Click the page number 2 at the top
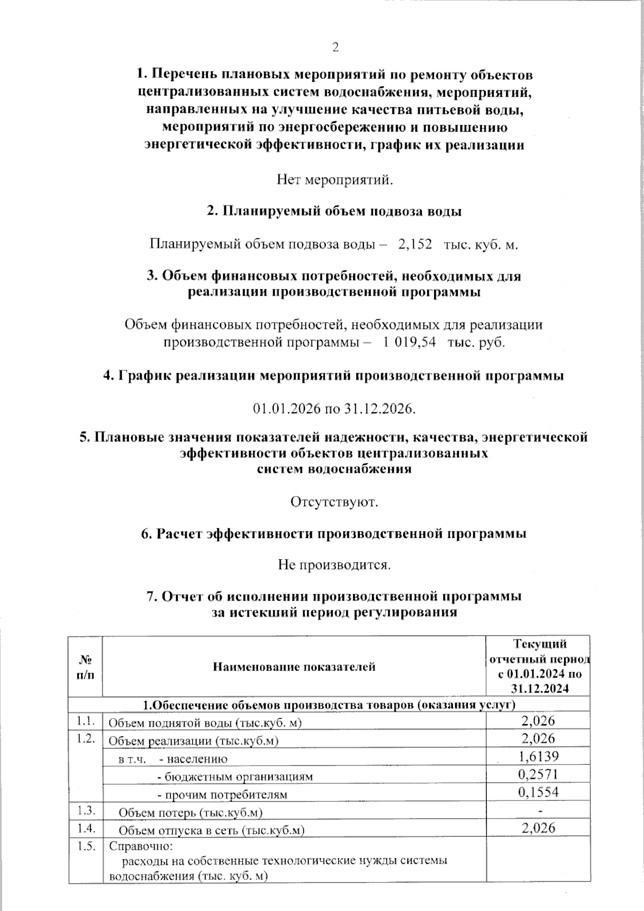(x=335, y=48)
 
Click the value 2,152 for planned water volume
(x=415, y=244)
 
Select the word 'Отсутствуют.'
(x=335, y=502)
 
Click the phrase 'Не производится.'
(x=334, y=565)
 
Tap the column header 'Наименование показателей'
(x=294, y=667)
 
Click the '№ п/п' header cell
(x=85, y=667)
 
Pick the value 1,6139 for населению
(x=538, y=756)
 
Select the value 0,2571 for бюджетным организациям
(x=538, y=774)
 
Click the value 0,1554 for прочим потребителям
(x=538, y=792)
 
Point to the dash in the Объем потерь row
(x=539, y=810)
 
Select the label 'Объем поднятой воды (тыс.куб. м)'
(x=205, y=723)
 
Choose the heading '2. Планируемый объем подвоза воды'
(x=335, y=211)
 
